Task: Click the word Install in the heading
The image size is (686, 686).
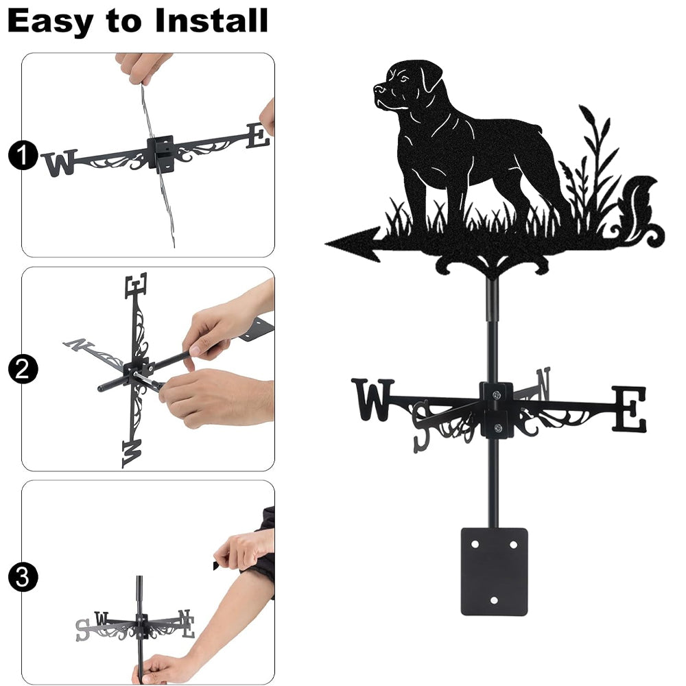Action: pyautogui.click(x=211, y=21)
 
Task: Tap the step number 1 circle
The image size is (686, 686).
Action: pyautogui.click(x=23, y=155)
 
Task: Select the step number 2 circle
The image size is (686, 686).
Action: pyautogui.click(x=23, y=369)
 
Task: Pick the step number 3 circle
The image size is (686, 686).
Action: pyautogui.click(x=23, y=577)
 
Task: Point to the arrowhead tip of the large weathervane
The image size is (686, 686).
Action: pyautogui.click(x=326, y=244)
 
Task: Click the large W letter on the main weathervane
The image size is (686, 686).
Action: pyautogui.click(x=372, y=399)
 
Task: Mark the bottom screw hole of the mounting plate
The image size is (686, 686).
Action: pyautogui.click(x=495, y=600)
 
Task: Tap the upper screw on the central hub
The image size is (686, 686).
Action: pyautogui.click(x=496, y=396)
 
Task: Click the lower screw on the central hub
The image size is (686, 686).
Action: pyautogui.click(x=498, y=427)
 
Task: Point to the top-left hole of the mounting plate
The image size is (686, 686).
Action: pyautogui.click(x=475, y=545)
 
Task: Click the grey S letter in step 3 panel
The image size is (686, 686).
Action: pyautogui.click(x=82, y=630)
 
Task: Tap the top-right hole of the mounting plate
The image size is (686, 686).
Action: pyautogui.click(x=514, y=545)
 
